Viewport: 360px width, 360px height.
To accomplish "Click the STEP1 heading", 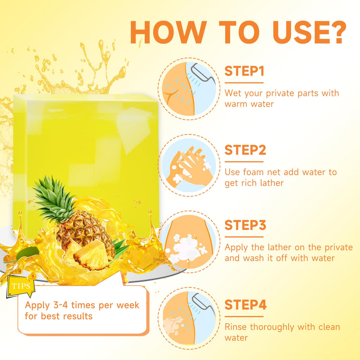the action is coord(244,71).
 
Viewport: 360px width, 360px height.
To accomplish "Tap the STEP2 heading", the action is coord(245,150).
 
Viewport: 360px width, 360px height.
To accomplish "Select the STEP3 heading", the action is coord(245,225).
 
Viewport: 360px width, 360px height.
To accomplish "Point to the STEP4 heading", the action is coord(245,305).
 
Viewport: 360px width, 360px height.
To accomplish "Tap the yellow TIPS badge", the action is coord(21,285).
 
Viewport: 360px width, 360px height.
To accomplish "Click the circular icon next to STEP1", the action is coord(189,89).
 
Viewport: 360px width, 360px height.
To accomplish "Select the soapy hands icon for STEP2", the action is coord(189,165).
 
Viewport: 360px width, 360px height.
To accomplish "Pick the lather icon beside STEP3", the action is coord(189,242).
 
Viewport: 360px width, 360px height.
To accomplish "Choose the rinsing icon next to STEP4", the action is coord(189,318).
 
